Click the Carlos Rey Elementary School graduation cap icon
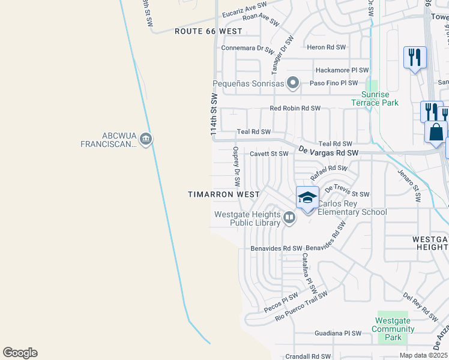tap(307, 197)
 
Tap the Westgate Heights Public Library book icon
tap(289, 217)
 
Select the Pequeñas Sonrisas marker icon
tap(293, 82)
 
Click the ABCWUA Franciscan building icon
tap(146, 140)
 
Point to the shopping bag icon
tap(436, 131)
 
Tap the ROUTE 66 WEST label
tap(208, 31)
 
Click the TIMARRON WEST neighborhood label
tap(223, 194)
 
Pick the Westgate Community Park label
tap(393, 329)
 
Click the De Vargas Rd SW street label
tap(328, 154)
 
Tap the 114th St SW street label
tap(213, 117)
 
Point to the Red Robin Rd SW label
tap(295, 109)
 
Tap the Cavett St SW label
tap(269, 154)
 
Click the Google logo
tap(20, 353)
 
